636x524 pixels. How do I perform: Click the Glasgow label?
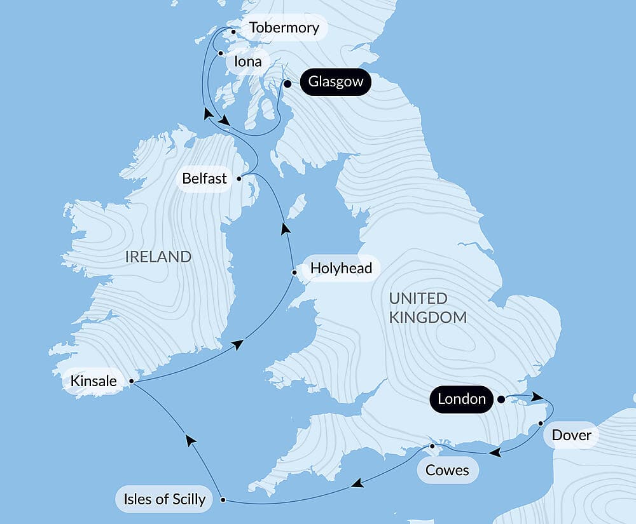pos(335,82)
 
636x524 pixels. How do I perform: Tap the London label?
pos(462,399)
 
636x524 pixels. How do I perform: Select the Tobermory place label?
pos(284,28)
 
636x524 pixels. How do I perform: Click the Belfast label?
pos(204,178)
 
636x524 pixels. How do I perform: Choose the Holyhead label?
pos(341,268)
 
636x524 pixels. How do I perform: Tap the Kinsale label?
pos(94,381)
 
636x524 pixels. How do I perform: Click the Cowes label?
pos(447,470)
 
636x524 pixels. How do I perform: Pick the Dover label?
pos(571,435)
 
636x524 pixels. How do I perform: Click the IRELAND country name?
pos(158,257)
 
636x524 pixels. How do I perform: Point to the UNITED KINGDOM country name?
pos(427,307)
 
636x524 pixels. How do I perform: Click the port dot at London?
pos(501,400)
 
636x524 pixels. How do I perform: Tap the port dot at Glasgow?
pos(287,83)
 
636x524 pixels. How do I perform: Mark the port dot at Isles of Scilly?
pos(223,500)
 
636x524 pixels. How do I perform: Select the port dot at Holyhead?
pos(294,273)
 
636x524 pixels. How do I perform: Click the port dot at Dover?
pos(541,423)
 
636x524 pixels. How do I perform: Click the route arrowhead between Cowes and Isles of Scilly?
pos(358,485)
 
